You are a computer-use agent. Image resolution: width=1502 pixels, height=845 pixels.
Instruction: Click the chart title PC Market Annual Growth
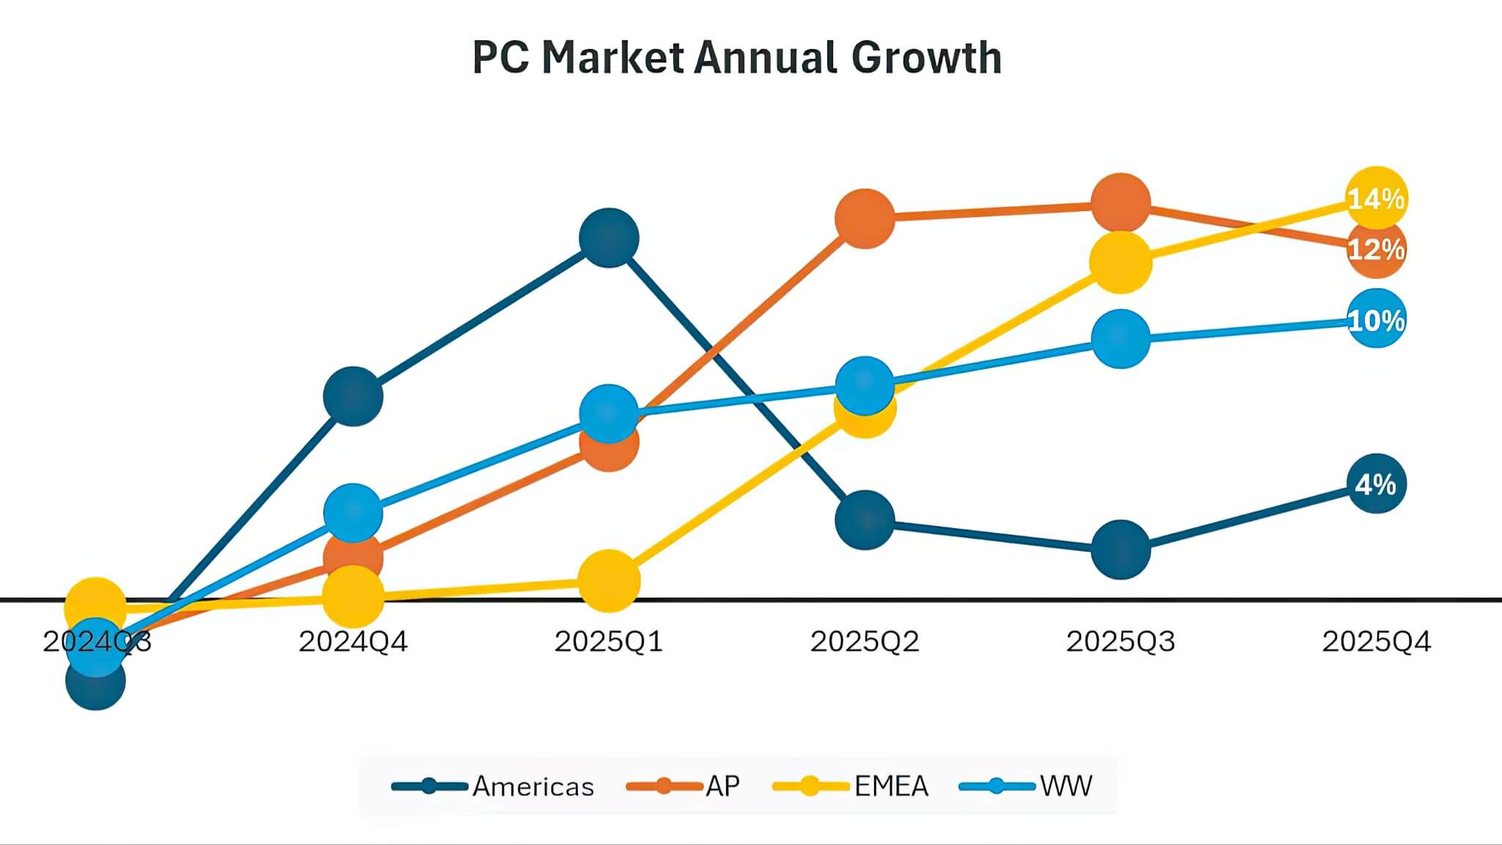click(736, 57)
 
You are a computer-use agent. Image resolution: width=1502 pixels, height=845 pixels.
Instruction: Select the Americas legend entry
click(493, 786)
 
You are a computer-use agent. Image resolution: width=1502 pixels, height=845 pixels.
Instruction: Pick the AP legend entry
click(684, 786)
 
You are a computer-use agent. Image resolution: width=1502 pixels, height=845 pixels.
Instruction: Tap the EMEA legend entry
click(851, 786)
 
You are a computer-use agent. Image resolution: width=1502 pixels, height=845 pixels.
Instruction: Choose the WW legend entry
click(1026, 786)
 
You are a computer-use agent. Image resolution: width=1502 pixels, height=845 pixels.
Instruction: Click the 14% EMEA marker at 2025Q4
click(1377, 198)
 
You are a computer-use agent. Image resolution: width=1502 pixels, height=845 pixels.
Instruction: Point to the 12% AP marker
click(1377, 249)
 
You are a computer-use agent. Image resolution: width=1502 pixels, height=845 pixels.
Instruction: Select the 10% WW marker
click(1377, 319)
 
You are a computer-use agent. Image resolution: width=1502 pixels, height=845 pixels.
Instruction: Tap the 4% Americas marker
click(1377, 483)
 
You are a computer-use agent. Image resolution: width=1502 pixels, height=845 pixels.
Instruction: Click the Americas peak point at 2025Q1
click(609, 238)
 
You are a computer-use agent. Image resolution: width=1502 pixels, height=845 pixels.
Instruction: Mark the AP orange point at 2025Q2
click(865, 218)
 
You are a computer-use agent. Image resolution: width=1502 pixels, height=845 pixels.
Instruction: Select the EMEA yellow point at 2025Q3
click(1121, 262)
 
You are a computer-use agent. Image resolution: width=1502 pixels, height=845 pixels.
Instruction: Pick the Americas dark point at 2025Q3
click(1121, 549)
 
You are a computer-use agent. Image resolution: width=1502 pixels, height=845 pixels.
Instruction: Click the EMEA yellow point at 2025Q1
click(609, 580)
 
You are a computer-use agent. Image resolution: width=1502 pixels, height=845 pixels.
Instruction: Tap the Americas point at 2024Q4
click(353, 396)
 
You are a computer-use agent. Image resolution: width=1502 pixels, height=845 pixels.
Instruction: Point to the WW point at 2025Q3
click(1121, 338)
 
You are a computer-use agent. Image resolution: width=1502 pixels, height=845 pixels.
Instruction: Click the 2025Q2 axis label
click(865, 642)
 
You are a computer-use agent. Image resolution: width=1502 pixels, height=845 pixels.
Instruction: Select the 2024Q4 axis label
click(353, 642)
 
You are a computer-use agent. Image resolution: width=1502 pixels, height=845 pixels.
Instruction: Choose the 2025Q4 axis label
click(1377, 642)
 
